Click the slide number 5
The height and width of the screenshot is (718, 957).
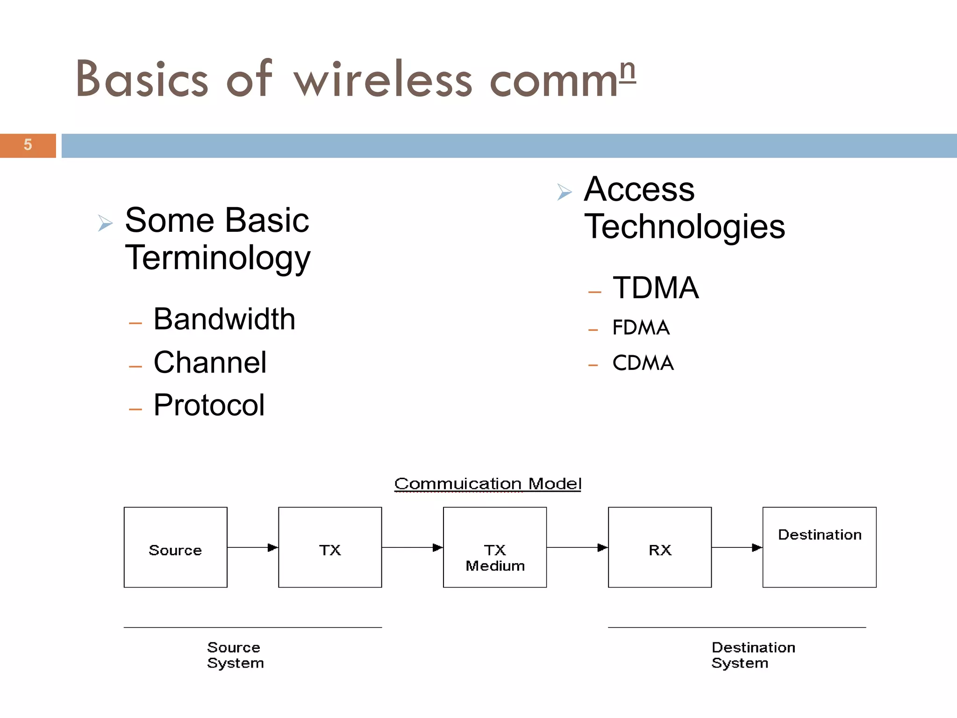click(28, 145)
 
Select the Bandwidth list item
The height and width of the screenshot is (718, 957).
click(224, 319)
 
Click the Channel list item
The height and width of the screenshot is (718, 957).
click(210, 363)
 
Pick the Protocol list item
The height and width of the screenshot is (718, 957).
click(209, 405)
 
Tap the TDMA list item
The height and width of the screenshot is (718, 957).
click(656, 288)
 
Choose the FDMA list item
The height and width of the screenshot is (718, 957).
click(641, 328)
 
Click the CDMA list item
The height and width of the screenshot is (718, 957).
click(643, 363)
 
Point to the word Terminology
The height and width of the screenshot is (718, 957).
click(218, 258)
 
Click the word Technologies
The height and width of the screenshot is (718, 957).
click(685, 227)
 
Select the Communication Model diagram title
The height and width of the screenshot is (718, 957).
click(488, 484)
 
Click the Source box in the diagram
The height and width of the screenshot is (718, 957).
click(175, 547)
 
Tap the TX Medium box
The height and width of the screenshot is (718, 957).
click(495, 547)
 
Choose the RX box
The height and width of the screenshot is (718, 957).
click(659, 547)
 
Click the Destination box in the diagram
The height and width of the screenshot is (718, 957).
click(819, 547)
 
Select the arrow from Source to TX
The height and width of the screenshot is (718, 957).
click(252, 547)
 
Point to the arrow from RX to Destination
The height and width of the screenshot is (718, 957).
click(737, 547)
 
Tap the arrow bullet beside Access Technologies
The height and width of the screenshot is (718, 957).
click(564, 192)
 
